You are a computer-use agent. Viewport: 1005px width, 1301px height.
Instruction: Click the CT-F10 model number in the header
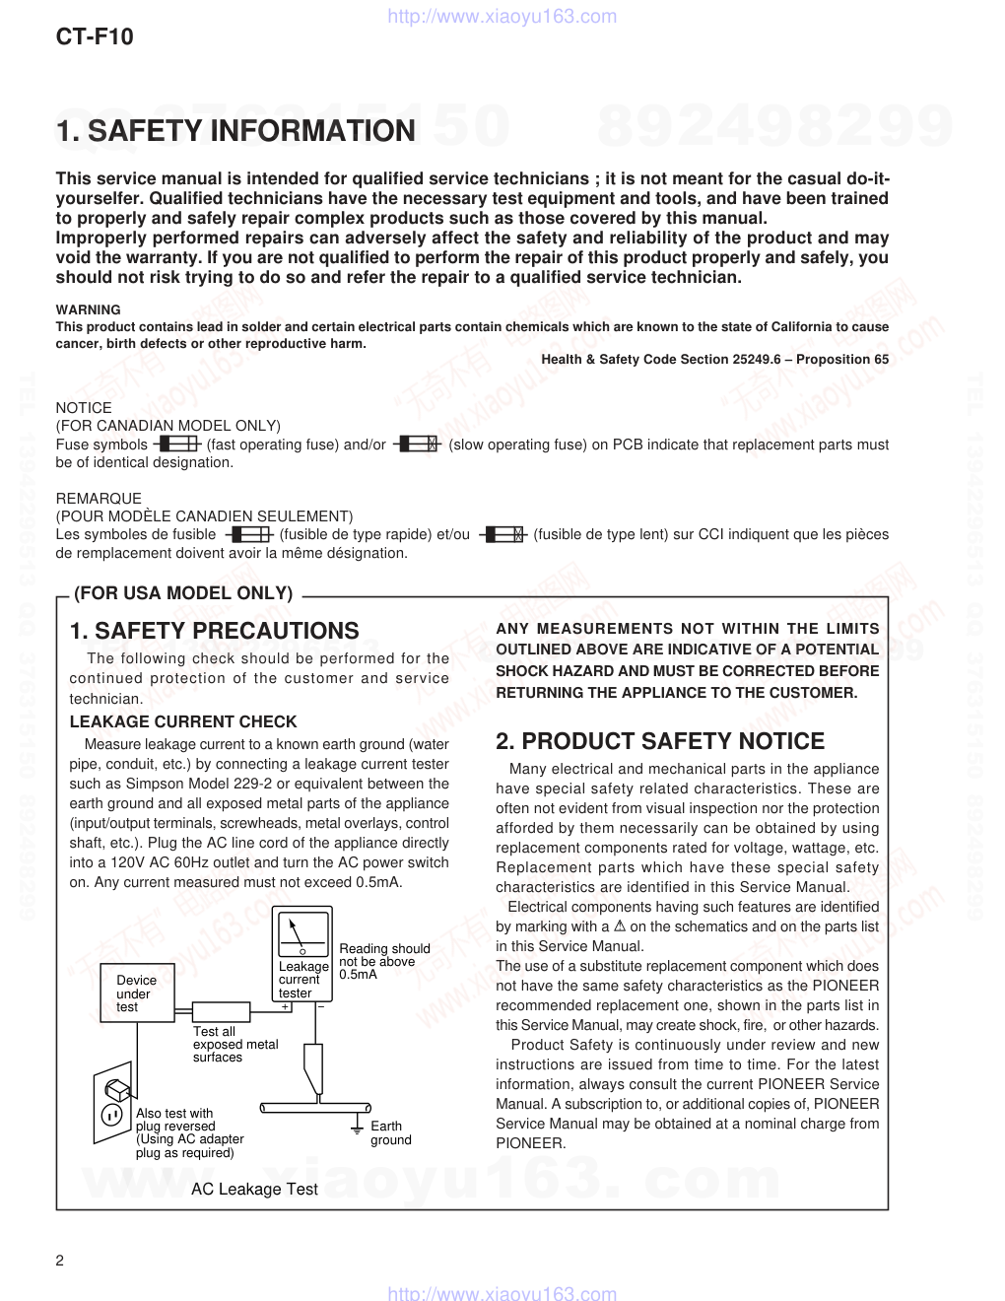coord(94,37)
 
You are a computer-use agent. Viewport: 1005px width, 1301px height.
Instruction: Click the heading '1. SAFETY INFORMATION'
coord(235,131)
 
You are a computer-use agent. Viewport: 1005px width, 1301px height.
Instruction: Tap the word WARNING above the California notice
coord(88,309)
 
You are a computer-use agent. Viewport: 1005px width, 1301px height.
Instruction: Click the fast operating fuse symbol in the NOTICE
coord(177,445)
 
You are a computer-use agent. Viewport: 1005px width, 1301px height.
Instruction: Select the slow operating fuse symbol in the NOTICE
coord(417,445)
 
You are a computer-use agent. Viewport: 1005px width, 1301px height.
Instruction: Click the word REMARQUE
coord(99,499)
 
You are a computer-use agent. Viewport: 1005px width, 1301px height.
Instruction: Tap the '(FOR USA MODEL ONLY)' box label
coord(183,593)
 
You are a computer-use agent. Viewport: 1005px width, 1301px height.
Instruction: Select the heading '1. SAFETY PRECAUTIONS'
coord(215,631)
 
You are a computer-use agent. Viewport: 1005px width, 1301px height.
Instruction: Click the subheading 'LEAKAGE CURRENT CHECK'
coord(183,721)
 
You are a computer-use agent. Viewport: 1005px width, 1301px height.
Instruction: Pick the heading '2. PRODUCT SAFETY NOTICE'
coord(660,741)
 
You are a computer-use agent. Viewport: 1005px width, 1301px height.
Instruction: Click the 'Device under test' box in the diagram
coord(136,993)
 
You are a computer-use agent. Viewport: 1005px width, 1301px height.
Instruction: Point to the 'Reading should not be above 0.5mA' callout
coord(384,961)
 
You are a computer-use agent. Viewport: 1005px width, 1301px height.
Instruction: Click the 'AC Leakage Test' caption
coord(254,1190)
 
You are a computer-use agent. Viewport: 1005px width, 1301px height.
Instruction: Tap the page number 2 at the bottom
coord(60,1262)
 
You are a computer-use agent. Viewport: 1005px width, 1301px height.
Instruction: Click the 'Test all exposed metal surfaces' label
coord(234,1044)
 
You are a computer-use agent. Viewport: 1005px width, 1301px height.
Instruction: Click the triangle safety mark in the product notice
coord(621,926)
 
